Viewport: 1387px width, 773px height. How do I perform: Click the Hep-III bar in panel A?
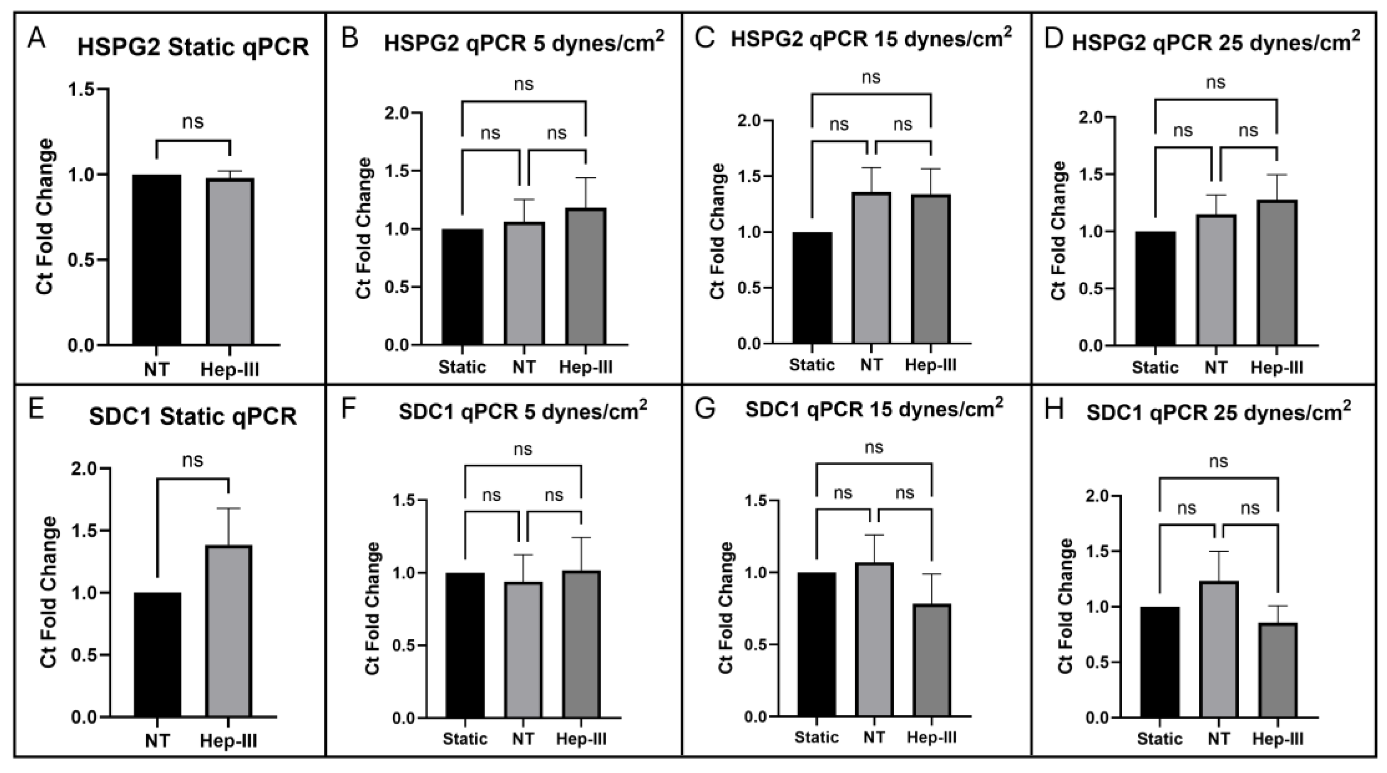230,262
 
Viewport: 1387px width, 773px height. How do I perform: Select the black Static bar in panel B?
462,286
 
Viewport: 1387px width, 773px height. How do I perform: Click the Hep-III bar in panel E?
229,631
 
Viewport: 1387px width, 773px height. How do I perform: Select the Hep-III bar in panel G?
932,661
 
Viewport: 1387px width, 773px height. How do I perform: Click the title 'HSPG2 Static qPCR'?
193,47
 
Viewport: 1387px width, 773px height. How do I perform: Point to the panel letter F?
350,410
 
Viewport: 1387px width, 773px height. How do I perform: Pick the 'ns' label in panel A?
193,122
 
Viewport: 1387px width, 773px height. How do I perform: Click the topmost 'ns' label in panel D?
1215,82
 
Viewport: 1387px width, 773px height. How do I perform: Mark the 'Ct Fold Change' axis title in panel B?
364,228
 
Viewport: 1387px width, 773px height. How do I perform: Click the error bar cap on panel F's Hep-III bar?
582,537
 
